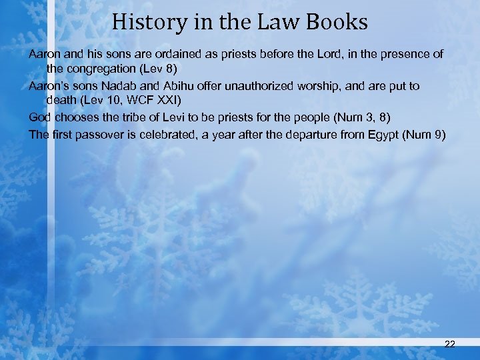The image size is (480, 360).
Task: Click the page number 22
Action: tap(449, 344)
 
